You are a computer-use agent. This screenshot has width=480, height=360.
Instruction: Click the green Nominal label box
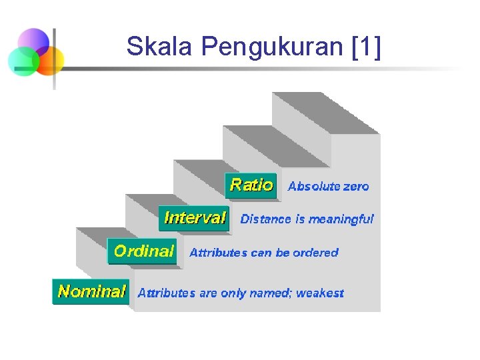click(x=91, y=291)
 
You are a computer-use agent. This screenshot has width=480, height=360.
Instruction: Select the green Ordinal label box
click(x=143, y=251)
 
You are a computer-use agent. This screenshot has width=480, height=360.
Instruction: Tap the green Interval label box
click(x=194, y=218)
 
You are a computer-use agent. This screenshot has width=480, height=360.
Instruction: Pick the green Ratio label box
click(x=251, y=185)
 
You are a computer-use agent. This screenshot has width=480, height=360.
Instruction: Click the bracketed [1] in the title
click(x=365, y=47)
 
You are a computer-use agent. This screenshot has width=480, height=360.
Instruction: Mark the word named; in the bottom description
click(x=273, y=293)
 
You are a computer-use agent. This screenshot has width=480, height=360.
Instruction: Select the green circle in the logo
click(x=23, y=62)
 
